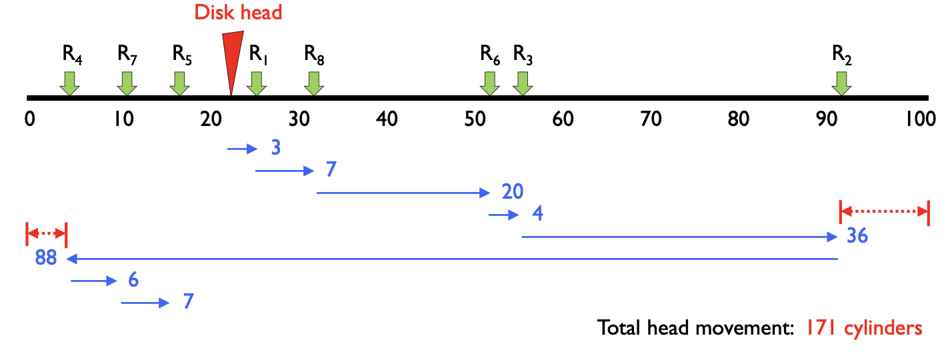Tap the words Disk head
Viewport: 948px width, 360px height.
(x=238, y=12)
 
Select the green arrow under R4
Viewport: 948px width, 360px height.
(x=69, y=83)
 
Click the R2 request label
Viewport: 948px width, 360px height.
(x=842, y=55)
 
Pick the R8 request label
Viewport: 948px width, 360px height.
(x=314, y=55)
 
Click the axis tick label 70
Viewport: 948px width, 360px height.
(x=651, y=120)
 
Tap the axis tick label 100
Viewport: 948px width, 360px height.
(x=921, y=120)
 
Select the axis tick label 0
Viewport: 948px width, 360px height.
(x=29, y=120)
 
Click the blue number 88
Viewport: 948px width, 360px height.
(x=46, y=258)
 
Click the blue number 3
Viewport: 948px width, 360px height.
(x=275, y=147)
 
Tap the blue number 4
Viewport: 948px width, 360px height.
(x=537, y=215)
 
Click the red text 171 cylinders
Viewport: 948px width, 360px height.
(x=864, y=328)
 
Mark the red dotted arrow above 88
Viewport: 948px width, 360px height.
(x=46, y=233)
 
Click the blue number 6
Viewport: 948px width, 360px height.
(x=133, y=280)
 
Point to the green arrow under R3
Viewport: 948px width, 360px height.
(x=523, y=83)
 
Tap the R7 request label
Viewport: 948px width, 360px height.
(x=127, y=55)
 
